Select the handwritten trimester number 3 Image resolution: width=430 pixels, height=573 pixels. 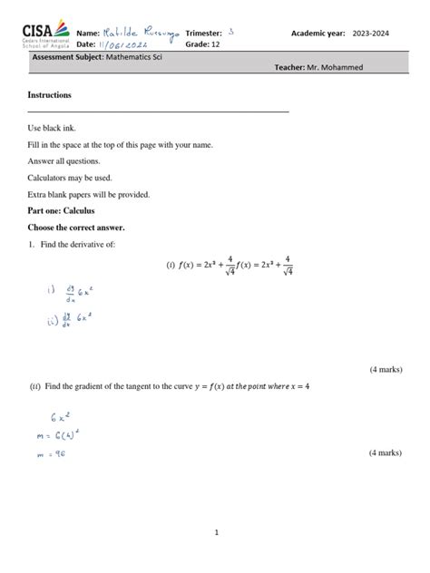click(x=231, y=32)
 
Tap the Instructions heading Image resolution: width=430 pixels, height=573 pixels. click(x=50, y=95)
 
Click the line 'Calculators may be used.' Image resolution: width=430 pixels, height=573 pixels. click(x=71, y=178)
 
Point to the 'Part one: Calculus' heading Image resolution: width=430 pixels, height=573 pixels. click(x=68, y=210)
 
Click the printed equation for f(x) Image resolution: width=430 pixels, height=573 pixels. click(x=230, y=266)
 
